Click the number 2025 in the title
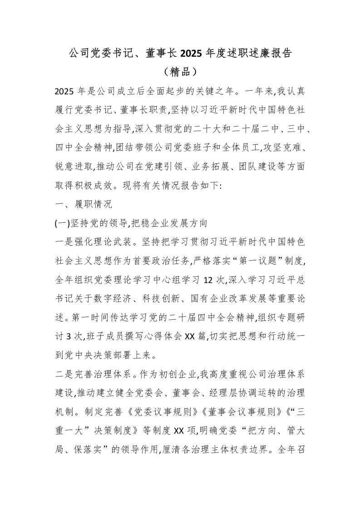tap(192, 54)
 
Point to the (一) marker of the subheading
tap(62, 223)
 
